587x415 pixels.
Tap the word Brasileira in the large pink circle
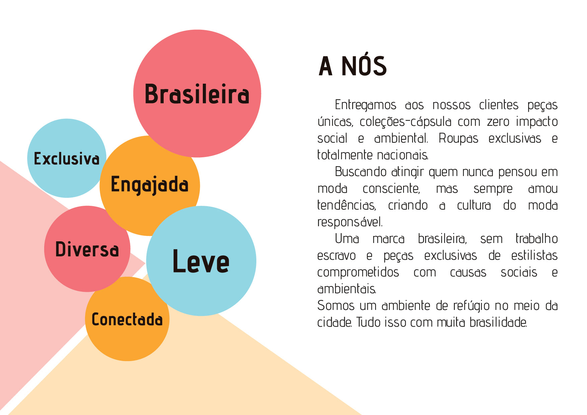(197, 94)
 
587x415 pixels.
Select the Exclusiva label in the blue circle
(67, 159)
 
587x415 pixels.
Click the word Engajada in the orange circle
(150, 185)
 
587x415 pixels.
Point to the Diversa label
(87, 249)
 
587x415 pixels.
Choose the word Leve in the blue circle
(201, 261)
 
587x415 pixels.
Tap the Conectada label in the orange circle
(127, 320)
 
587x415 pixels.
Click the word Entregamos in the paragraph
(365, 105)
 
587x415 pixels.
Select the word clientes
(499, 105)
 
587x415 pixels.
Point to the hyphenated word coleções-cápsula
(406, 122)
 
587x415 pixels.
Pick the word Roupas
(458, 139)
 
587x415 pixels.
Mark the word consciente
(391, 189)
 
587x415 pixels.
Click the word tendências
(346, 205)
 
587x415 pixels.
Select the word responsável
(350, 222)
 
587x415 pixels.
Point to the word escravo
(336, 256)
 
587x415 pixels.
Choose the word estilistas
(534, 256)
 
